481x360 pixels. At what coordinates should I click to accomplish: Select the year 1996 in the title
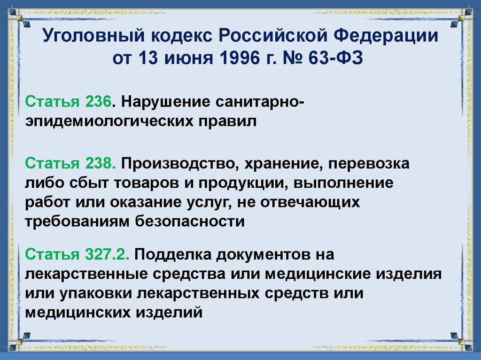[x=235, y=60]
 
